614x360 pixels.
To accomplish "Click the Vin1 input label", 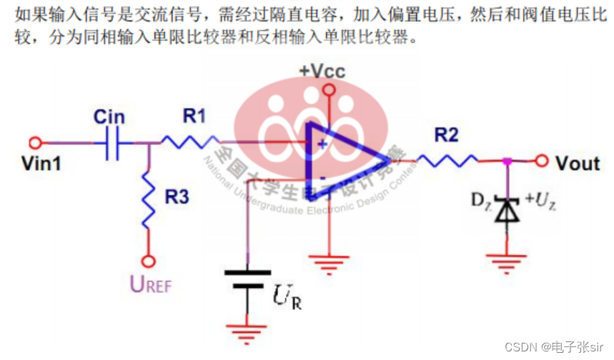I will (x=41, y=164).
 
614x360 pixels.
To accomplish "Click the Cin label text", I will (x=109, y=117).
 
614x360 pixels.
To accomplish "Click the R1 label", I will (x=194, y=115).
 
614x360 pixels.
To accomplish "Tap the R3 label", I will (x=177, y=197).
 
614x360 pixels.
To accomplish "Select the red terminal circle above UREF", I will (x=149, y=261).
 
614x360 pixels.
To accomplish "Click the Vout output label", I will (x=578, y=164).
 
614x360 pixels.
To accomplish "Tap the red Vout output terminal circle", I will (x=542, y=161).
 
